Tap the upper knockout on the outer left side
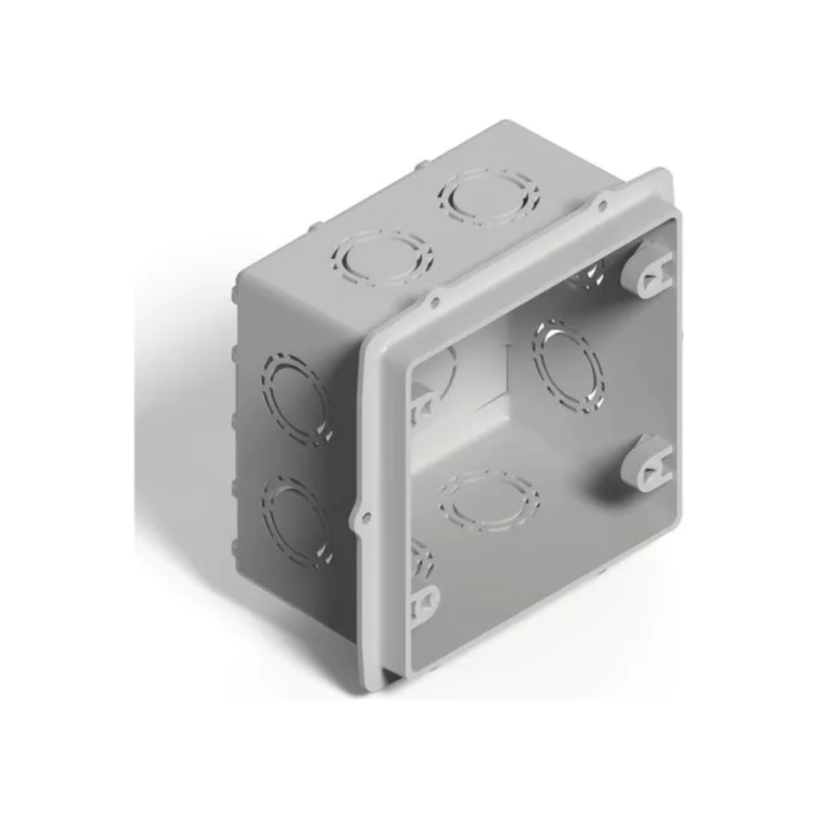pos(296,397)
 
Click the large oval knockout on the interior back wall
pos(568,366)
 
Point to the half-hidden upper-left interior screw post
pos(421,403)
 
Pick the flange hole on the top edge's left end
pos(435,302)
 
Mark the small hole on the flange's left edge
pos(366,518)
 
